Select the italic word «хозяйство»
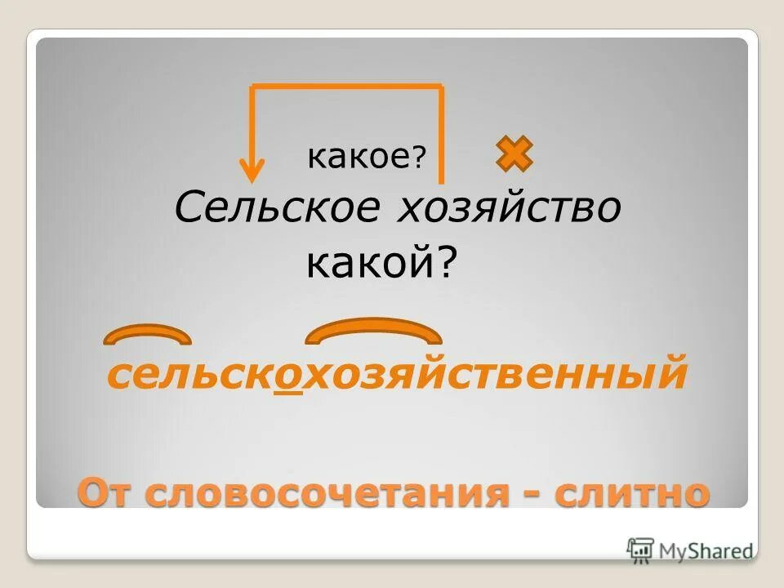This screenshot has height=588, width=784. point(509,209)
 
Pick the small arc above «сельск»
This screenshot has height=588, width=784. point(147,334)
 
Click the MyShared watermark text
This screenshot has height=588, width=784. point(706,550)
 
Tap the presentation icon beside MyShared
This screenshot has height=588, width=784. point(641,549)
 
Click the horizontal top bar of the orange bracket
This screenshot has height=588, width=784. point(347,86)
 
